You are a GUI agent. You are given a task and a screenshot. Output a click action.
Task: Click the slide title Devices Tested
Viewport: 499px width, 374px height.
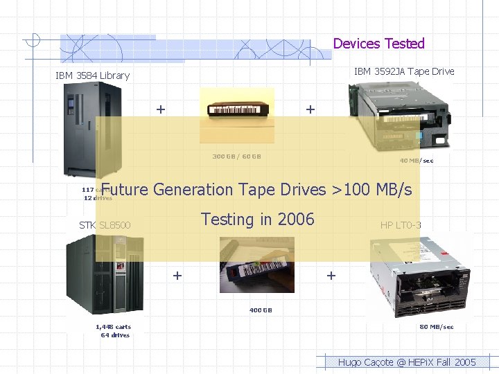[378, 44]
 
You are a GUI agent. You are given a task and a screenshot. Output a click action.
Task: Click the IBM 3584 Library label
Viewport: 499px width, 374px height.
[92, 75]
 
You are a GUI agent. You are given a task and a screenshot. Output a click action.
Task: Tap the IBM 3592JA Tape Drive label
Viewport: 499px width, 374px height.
[404, 71]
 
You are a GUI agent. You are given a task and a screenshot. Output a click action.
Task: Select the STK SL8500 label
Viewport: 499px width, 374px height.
[105, 225]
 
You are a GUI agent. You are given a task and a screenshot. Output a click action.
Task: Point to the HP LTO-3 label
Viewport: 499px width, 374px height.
[401, 225]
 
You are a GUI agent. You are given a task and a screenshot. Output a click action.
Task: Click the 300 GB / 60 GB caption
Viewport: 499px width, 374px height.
[236, 157]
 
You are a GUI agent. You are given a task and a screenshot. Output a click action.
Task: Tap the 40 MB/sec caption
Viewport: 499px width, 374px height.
[417, 161]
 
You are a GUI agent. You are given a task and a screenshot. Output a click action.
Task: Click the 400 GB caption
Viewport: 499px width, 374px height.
[261, 310]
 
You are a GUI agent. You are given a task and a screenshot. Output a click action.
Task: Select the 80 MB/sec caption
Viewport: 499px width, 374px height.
[437, 327]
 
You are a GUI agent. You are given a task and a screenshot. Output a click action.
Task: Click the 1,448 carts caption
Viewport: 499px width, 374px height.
[113, 327]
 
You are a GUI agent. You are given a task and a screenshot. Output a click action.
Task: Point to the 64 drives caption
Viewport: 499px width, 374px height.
[115, 335]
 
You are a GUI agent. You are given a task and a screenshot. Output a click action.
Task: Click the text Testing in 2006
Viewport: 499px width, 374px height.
[257, 220]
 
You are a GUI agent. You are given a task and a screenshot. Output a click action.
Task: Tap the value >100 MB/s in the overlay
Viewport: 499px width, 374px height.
[375, 189]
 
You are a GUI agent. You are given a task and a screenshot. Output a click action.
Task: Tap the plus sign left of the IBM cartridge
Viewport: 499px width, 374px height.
[161, 109]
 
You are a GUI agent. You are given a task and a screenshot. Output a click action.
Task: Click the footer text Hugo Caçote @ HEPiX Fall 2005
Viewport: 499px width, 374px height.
[407, 362]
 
